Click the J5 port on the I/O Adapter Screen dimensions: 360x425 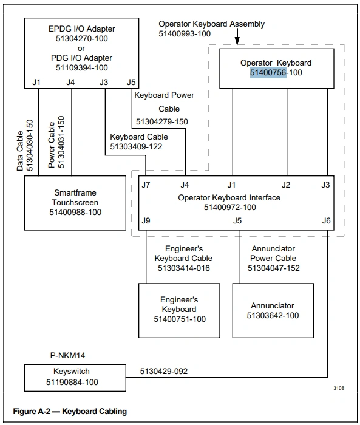(x=131, y=82)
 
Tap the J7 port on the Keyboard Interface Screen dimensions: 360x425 (x=146, y=185)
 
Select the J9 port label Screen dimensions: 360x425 (x=146, y=220)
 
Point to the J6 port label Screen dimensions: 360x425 (x=326, y=220)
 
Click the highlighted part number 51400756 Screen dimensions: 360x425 (x=268, y=73)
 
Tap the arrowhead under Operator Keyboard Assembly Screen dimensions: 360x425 (x=237, y=41)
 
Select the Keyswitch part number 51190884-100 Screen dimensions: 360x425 (x=72, y=382)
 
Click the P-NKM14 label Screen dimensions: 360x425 (x=67, y=355)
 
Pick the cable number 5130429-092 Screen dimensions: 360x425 (x=164, y=371)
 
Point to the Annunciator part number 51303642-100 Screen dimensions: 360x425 (x=273, y=315)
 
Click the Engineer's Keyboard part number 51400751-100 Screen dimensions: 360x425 (x=180, y=319)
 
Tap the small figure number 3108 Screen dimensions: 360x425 (x=339, y=388)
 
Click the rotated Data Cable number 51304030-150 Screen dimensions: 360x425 (x=29, y=145)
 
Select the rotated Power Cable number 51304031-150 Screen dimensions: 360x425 (x=61, y=141)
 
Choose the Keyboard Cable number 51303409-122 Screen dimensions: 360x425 (x=136, y=147)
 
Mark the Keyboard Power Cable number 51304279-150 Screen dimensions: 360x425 (x=162, y=121)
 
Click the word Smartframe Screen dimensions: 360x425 (x=75, y=192)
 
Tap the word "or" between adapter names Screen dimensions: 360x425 (x=81, y=49)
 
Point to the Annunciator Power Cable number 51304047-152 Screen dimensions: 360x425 (x=274, y=268)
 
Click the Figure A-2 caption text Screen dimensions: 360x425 (x=70, y=412)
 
